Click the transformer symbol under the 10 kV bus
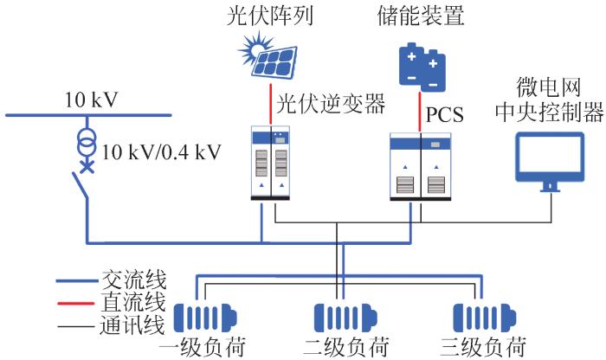[86, 142]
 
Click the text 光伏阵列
[272, 15]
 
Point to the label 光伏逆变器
[330, 103]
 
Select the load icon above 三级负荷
[481, 313]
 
